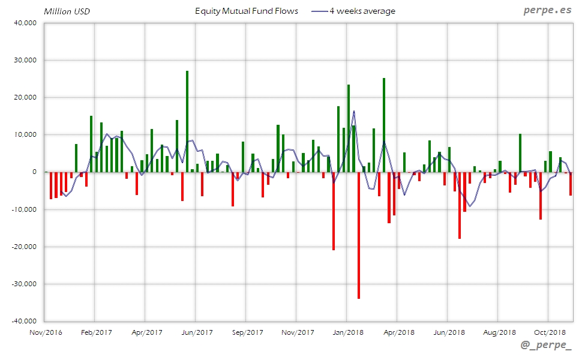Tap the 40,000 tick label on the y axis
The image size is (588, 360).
point(25,23)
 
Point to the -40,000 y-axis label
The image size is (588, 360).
point(23,321)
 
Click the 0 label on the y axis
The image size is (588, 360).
point(35,172)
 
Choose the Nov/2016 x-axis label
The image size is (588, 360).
point(46,332)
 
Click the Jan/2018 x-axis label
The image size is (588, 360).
point(348,332)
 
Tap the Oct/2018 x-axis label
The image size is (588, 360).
point(550,332)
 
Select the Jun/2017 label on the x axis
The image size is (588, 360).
point(197,332)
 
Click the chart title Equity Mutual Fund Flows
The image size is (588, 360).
point(247,11)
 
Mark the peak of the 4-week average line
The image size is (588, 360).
point(354,111)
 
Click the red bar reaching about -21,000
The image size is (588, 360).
point(334,211)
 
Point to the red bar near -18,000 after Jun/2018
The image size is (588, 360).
point(460,205)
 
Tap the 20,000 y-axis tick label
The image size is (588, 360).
point(25,98)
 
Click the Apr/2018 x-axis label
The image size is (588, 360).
point(398,332)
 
